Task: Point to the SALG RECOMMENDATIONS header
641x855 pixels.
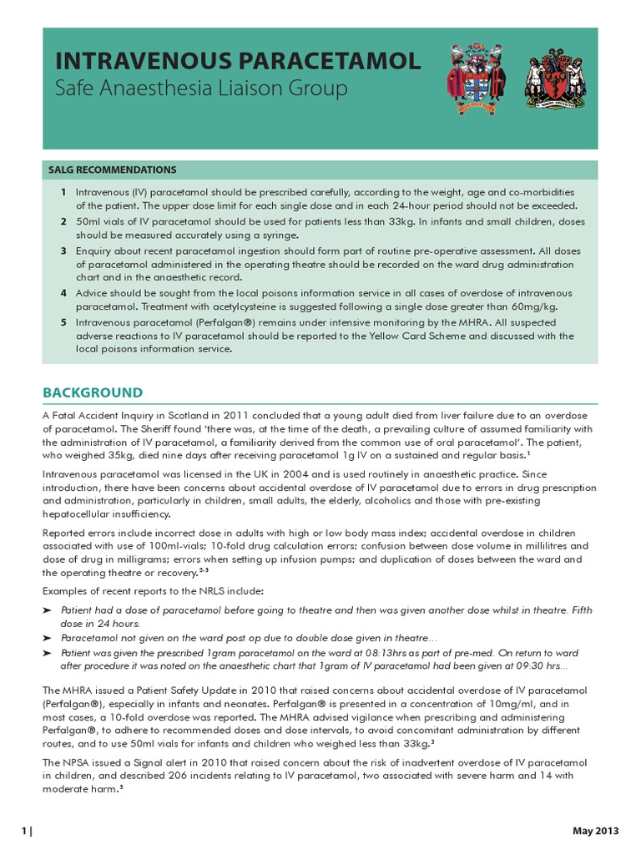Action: (x=113, y=169)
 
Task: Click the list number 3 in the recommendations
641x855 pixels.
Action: (x=63, y=250)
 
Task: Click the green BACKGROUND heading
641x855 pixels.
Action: (x=93, y=392)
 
